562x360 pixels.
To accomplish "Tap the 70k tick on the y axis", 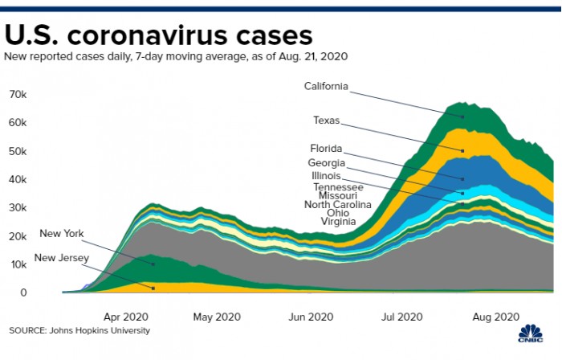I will (18, 95).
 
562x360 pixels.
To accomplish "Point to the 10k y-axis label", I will (18, 265).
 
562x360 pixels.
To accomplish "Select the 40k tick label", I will (18, 180).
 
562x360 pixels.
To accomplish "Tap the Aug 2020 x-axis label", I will (495, 317).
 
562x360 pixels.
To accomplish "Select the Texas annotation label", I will (326, 121).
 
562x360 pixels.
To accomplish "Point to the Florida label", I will (327, 149).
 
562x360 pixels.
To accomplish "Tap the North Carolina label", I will (338, 204).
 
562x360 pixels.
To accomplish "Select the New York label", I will (62, 234).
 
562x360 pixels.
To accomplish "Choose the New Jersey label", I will (62, 258).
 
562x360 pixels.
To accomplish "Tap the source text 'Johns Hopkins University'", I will (99, 330).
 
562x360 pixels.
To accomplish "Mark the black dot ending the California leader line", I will (463, 117).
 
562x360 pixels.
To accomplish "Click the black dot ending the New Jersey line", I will (153, 288).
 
